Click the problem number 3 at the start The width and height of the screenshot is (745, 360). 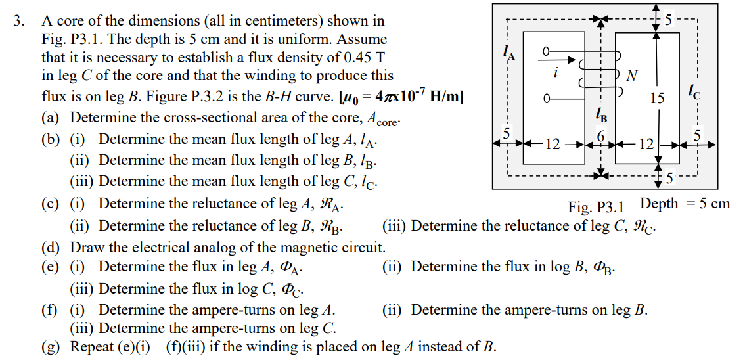tap(18, 22)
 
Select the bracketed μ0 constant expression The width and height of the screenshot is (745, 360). tap(401, 97)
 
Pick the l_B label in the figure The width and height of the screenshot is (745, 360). tap(600, 116)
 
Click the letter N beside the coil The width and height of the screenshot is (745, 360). tap(631, 77)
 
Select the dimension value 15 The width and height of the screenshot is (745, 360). tap(657, 99)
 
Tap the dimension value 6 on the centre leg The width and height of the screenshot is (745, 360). tap(600, 134)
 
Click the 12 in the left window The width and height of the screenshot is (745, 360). tap(553, 143)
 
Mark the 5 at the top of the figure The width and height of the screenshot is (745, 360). tap(669, 20)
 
